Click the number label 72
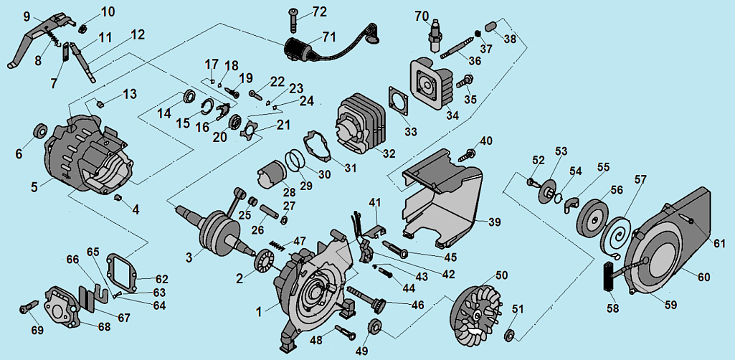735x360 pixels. tap(319, 13)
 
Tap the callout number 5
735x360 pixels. tap(34, 187)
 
